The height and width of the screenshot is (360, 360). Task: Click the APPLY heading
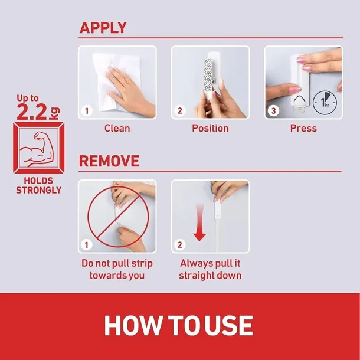(x=103, y=28)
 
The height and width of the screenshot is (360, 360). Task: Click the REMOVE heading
(x=109, y=161)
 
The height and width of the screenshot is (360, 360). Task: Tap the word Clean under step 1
(x=117, y=128)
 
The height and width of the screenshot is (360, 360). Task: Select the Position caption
(x=210, y=128)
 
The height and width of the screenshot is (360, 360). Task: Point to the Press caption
(x=303, y=128)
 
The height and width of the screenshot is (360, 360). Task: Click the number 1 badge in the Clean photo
(x=87, y=111)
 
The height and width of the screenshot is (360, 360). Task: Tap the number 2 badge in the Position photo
(x=180, y=111)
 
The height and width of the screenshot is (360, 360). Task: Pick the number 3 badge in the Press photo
(x=273, y=111)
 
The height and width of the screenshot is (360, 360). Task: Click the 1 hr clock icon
(x=325, y=103)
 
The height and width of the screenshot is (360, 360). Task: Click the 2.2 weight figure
(x=32, y=112)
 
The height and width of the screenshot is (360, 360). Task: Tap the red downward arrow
(x=199, y=222)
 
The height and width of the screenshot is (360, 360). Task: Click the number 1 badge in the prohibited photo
(x=87, y=245)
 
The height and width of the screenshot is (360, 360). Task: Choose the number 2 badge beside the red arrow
(x=180, y=245)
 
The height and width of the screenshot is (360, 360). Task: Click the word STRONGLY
(x=38, y=190)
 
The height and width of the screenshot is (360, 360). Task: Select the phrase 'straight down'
(x=210, y=276)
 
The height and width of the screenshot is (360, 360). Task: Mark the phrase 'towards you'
(x=117, y=276)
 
